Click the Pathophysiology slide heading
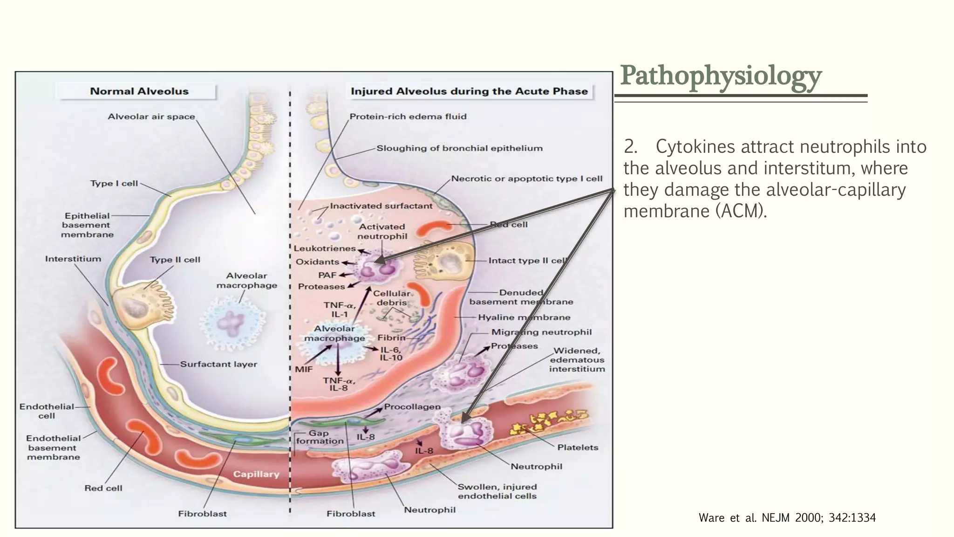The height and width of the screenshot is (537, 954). tap(721, 76)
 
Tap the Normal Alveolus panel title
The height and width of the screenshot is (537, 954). tap(139, 91)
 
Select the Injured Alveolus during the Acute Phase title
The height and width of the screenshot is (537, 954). tap(469, 91)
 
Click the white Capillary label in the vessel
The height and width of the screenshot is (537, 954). tap(256, 474)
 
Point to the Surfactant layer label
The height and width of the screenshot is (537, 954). tap(218, 364)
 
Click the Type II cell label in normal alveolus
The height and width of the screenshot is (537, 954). tap(175, 260)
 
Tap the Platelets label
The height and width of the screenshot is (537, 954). tap(578, 447)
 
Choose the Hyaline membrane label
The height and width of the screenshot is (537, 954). tap(524, 317)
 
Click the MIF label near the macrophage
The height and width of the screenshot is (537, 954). tap(304, 369)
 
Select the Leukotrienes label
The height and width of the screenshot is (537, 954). tap(324, 248)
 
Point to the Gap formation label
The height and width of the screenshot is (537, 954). tap(320, 437)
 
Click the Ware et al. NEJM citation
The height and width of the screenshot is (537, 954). tap(787, 518)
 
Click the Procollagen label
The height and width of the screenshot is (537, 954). tap(412, 406)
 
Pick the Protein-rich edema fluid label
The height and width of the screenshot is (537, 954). tap(408, 117)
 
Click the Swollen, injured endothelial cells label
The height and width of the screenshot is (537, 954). tap(497, 491)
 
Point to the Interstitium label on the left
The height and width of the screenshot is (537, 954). tap(73, 259)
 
